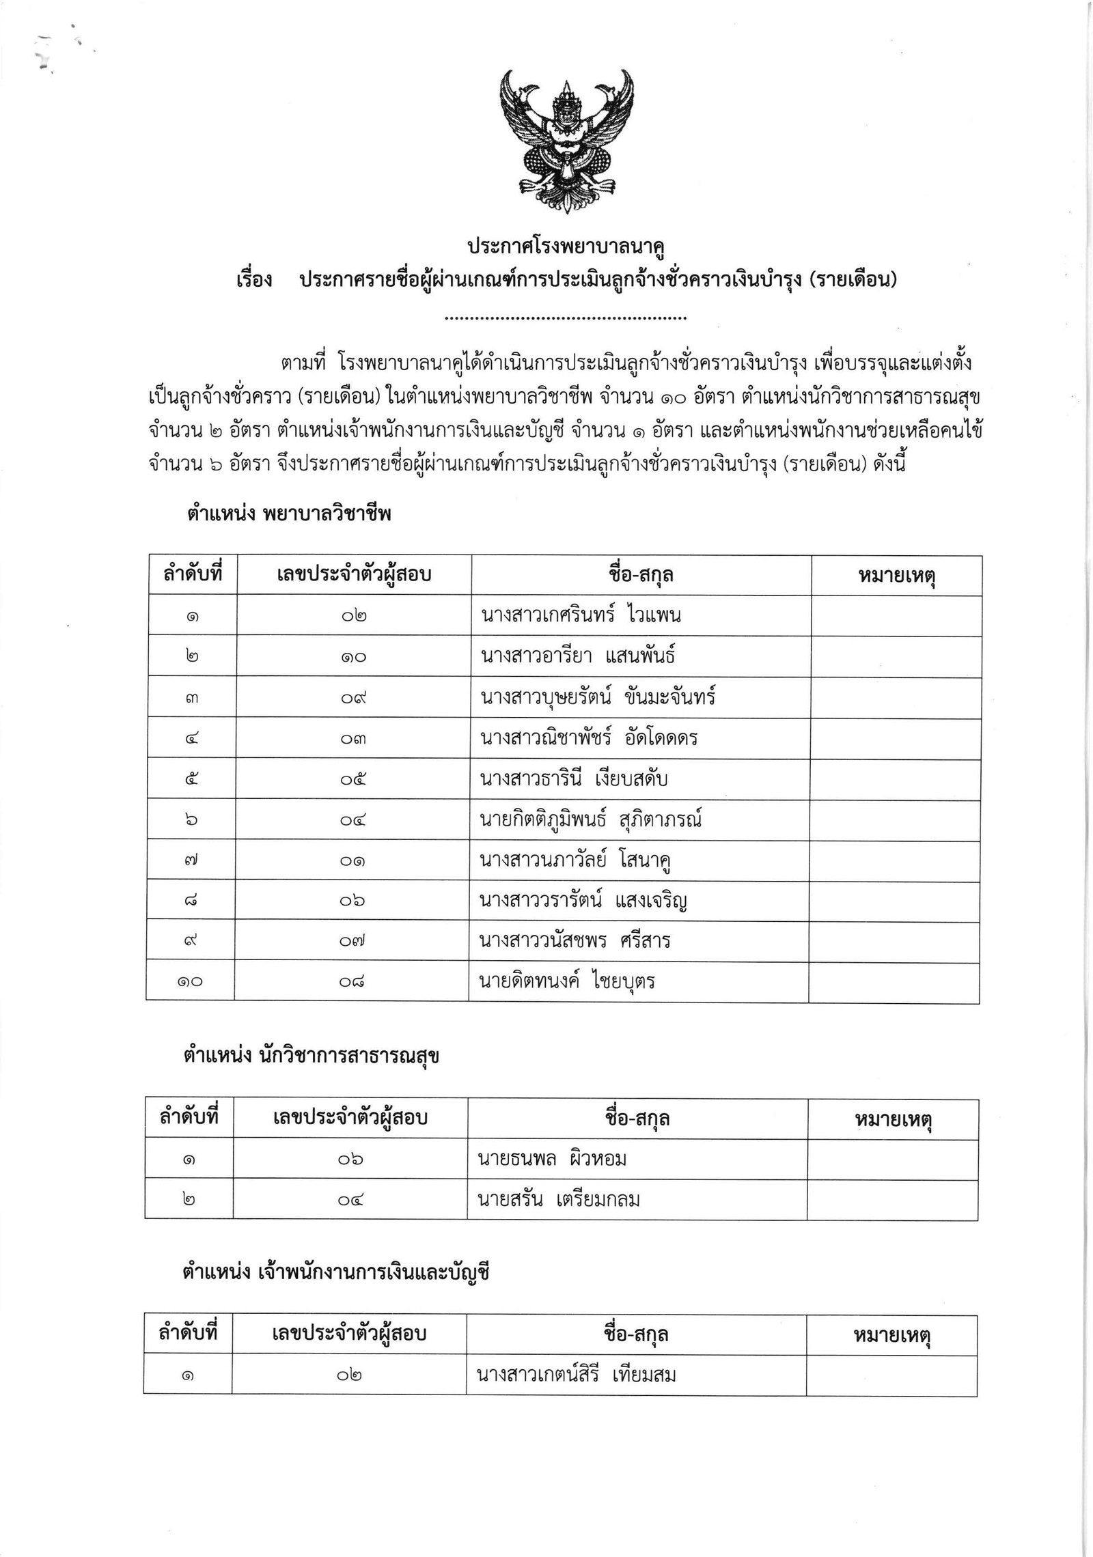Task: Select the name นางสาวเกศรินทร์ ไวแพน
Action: (x=581, y=615)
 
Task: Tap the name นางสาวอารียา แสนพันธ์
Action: (x=578, y=656)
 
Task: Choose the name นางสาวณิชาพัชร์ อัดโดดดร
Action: (x=589, y=738)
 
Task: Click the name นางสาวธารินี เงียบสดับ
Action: (x=574, y=778)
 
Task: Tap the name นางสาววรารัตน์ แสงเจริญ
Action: (x=583, y=901)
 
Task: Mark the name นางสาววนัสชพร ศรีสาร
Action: (x=575, y=941)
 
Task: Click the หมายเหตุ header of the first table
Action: (x=896, y=576)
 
